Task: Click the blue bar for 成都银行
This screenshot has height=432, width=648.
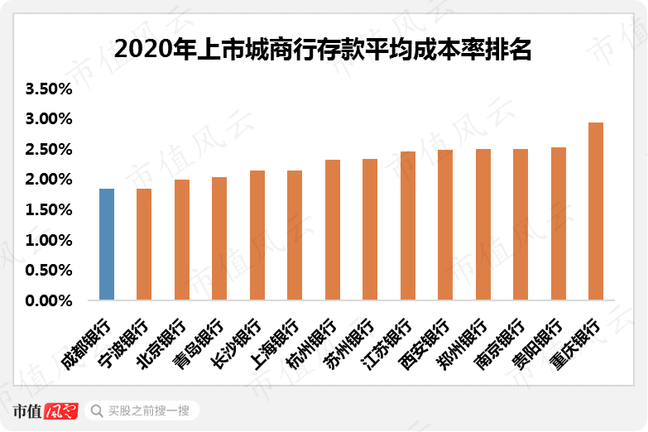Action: pyautogui.click(x=107, y=244)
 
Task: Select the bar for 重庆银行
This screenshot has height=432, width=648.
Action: pyautogui.click(x=596, y=211)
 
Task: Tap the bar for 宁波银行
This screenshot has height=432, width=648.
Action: pyautogui.click(x=144, y=244)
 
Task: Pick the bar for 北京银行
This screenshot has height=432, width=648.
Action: pyautogui.click(x=182, y=240)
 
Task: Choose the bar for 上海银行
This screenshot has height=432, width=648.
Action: pyautogui.click(x=295, y=235)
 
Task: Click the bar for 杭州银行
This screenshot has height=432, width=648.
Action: pyautogui.click(x=333, y=229)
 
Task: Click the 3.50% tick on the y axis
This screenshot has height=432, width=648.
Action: pyautogui.click(x=50, y=89)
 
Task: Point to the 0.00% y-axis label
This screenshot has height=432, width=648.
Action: pyautogui.click(x=50, y=300)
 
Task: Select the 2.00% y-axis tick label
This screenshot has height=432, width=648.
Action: pyautogui.click(x=50, y=180)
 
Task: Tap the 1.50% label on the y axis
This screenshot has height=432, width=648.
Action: pyautogui.click(x=50, y=210)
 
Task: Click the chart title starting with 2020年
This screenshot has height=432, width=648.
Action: pyautogui.click(x=323, y=50)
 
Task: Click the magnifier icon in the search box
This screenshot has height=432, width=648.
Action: pyautogui.click(x=96, y=410)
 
